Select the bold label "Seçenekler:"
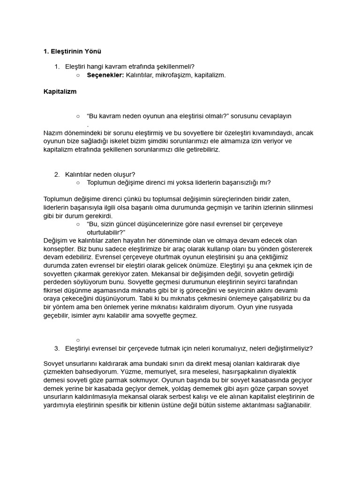point(105,75)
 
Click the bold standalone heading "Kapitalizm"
point(60,92)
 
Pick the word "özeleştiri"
point(253,133)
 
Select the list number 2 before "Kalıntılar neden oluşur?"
point(57,174)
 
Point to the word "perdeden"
point(57,282)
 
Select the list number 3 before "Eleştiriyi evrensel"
point(57,348)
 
